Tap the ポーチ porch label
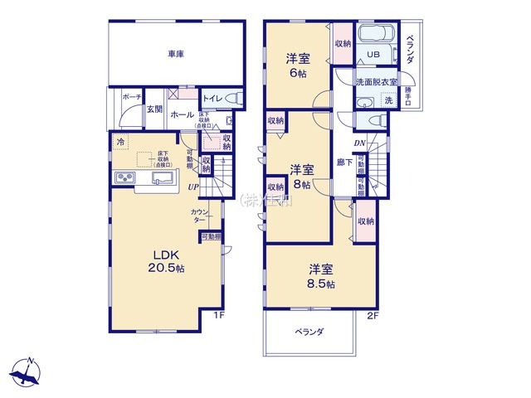click(x=131, y=97)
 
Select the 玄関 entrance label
click(x=154, y=109)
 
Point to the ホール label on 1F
click(x=183, y=115)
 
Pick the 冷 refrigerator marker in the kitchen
click(x=121, y=143)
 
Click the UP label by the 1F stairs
click(x=192, y=187)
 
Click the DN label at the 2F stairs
click(x=360, y=143)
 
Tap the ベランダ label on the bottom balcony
click(x=309, y=332)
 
